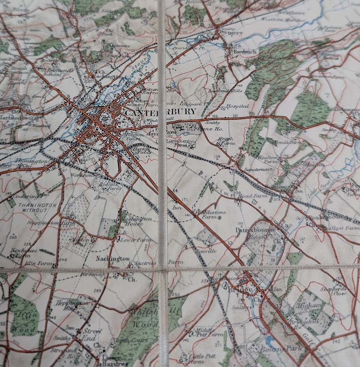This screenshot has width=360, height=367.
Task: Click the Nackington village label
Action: click(x=113, y=258)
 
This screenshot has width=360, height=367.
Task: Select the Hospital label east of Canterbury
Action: click(x=237, y=106)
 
